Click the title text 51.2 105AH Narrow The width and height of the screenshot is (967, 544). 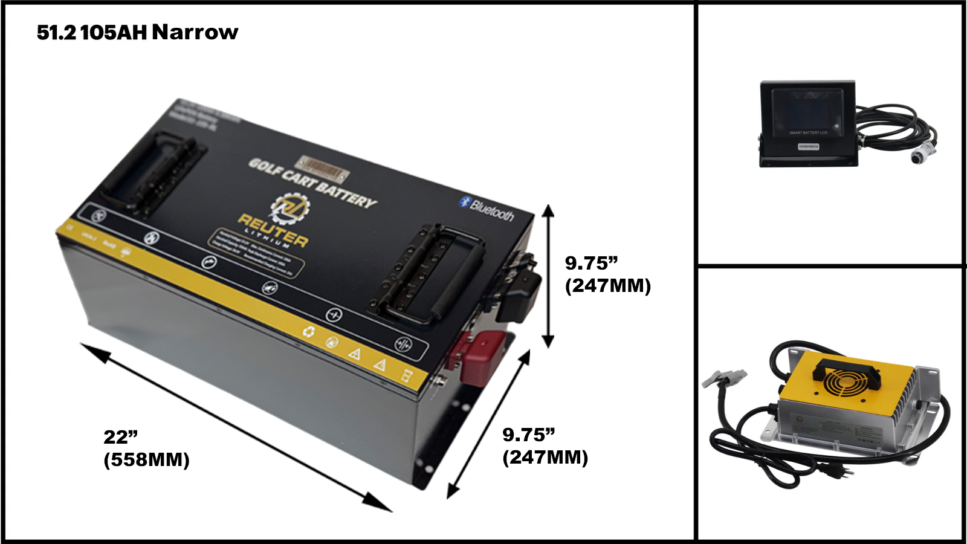pos(138,32)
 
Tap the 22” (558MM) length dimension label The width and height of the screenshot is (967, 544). pos(146,448)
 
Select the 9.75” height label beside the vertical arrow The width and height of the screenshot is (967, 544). pos(607,274)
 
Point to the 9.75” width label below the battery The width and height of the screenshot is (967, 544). pos(545,446)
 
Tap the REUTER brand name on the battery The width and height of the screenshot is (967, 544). pos(273,229)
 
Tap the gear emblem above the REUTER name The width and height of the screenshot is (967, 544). pos(289,207)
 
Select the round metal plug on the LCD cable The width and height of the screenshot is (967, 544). pos(919,157)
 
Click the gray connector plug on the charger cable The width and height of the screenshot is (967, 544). pos(717,378)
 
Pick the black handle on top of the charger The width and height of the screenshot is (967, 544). pos(846,369)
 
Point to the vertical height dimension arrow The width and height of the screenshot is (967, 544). pos(548,276)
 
